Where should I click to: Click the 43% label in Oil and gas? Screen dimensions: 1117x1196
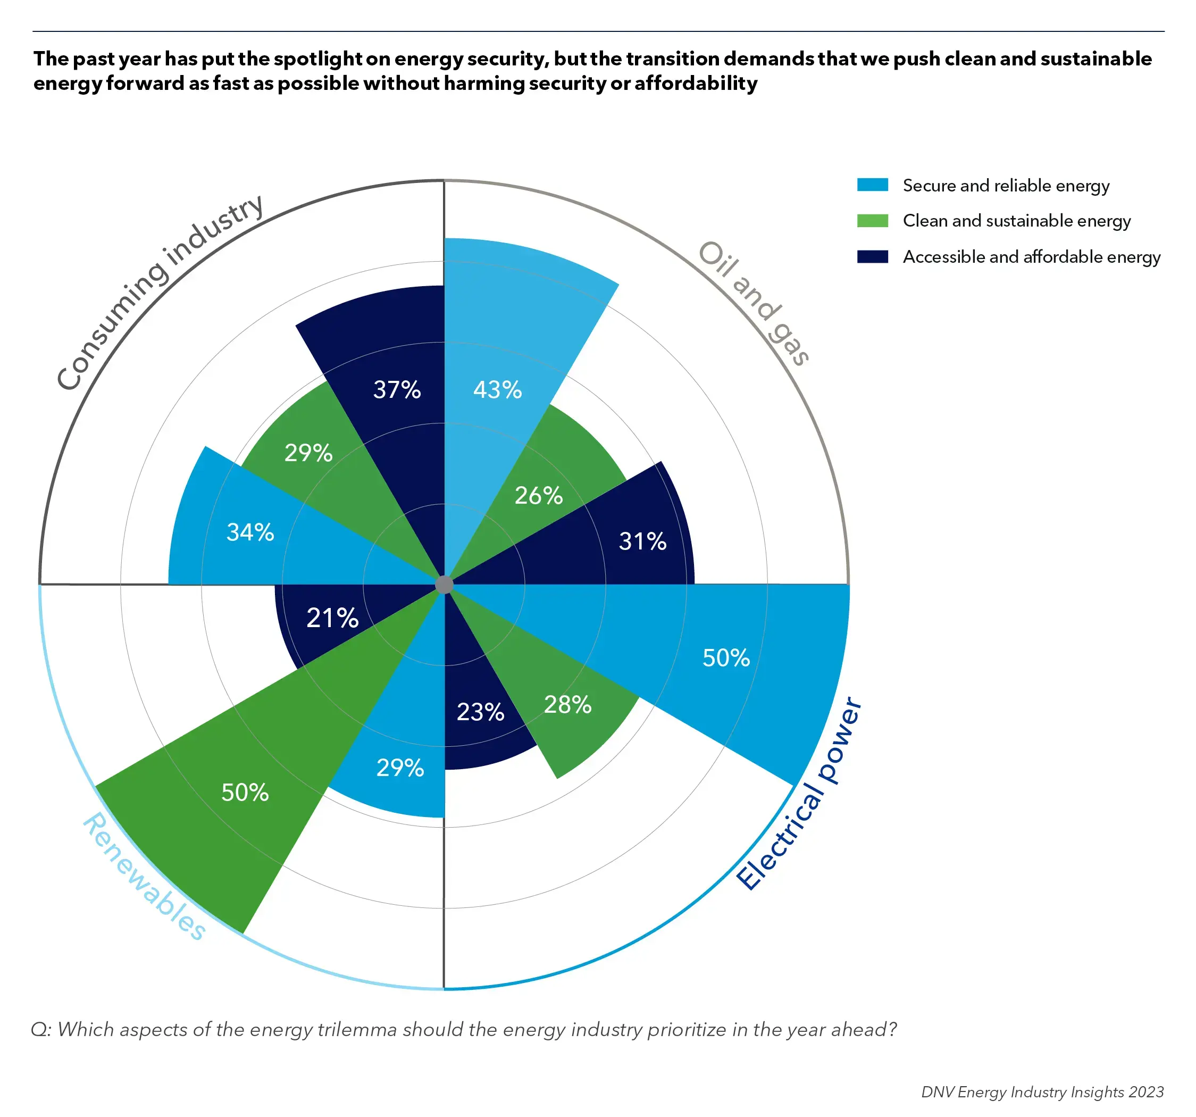497,390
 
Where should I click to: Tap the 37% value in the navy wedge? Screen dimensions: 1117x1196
397,390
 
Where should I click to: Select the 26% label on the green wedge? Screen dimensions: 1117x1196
539,496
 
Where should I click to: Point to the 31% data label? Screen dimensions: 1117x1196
642,541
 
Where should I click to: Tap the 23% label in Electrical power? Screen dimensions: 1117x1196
480,713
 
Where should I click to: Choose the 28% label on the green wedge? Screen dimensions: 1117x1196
567,705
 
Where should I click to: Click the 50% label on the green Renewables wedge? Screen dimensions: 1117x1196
245,793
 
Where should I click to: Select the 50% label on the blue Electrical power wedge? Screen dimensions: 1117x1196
726,658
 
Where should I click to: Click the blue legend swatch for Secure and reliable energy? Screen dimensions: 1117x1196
872,185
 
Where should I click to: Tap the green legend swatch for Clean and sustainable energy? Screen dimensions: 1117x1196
872,221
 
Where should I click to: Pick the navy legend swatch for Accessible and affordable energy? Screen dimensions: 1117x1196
872,257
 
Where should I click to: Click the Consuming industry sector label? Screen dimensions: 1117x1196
159,292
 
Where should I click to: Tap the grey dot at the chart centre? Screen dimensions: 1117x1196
444,585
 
